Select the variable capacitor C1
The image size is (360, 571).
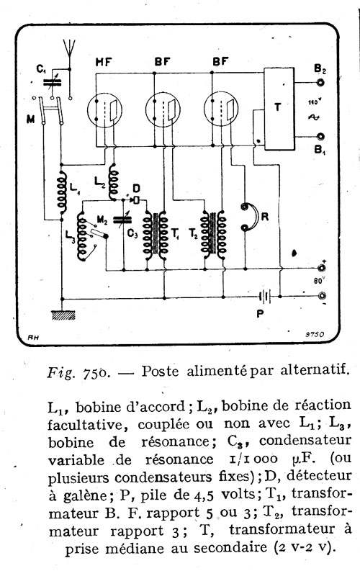53,83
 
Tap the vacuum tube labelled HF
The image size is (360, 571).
104,109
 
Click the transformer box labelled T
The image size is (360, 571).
279,109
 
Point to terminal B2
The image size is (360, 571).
320,83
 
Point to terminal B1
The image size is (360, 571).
320,137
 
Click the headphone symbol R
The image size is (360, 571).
248,217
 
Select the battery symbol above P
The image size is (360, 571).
266,297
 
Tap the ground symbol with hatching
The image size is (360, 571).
63,315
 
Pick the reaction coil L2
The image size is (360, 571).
113,181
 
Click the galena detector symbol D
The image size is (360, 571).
136,199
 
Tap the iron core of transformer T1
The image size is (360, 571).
156,235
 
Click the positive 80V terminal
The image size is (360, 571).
321,269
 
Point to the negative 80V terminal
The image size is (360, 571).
321,296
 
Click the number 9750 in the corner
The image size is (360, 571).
315,336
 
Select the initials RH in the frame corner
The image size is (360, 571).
33,337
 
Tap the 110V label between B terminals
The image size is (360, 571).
313,103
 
